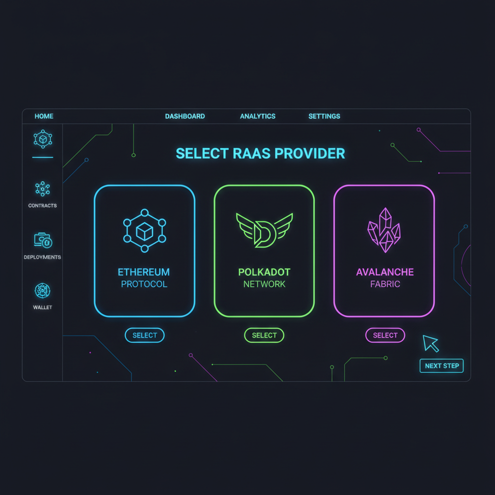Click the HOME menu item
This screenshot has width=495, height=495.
pos(44,116)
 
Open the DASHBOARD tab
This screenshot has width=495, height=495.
pos(185,116)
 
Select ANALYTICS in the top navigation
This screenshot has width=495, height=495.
pos(258,116)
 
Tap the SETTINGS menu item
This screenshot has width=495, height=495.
pos(324,116)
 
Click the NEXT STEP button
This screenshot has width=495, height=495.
pos(441,366)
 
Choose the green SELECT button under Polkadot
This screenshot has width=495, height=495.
pos(264,335)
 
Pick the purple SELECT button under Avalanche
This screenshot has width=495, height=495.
pos(385,335)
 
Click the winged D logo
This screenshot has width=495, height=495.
pos(264,230)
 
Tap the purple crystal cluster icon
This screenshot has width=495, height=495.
pos(384,230)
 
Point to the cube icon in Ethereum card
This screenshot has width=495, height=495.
pos(145,231)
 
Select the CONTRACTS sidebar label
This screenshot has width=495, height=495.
pos(43,206)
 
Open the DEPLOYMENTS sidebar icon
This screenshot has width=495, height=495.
pos(43,240)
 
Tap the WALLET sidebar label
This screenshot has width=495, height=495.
pos(43,307)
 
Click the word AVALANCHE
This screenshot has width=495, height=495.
pos(385,272)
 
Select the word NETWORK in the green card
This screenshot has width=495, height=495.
pos(264,284)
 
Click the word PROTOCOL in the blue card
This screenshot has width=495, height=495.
pos(144,284)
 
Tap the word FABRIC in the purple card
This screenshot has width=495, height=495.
pos(385,284)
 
